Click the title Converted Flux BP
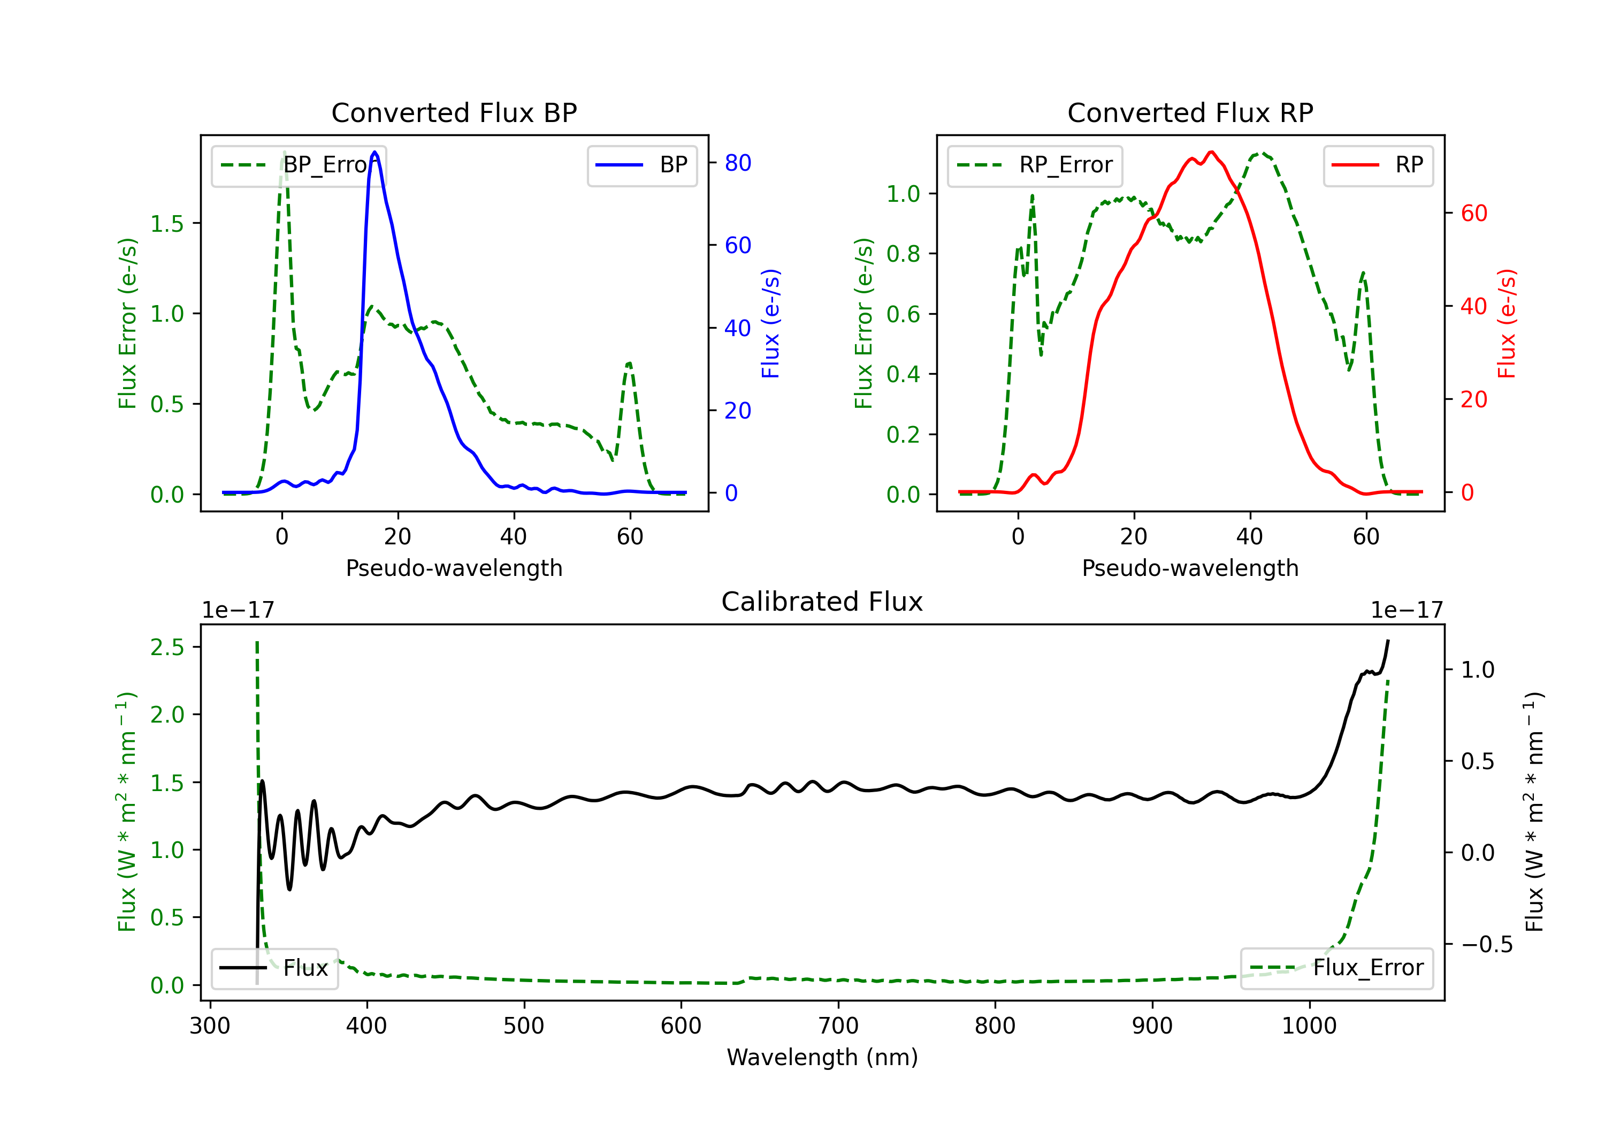(454, 112)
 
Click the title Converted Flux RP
(1190, 112)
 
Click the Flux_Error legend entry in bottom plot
(1336, 968)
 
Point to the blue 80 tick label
(737, 163)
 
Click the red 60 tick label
(1473, 214)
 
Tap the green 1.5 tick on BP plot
(167, 224)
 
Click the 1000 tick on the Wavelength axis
(1309, 1026)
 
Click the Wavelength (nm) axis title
(822, 1057)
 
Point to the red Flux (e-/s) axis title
(1507, 323)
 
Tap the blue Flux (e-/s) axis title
(770, 323)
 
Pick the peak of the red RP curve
(1211, 153)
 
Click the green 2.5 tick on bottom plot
(167, 648)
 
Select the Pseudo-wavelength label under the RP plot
(1190, 568)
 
